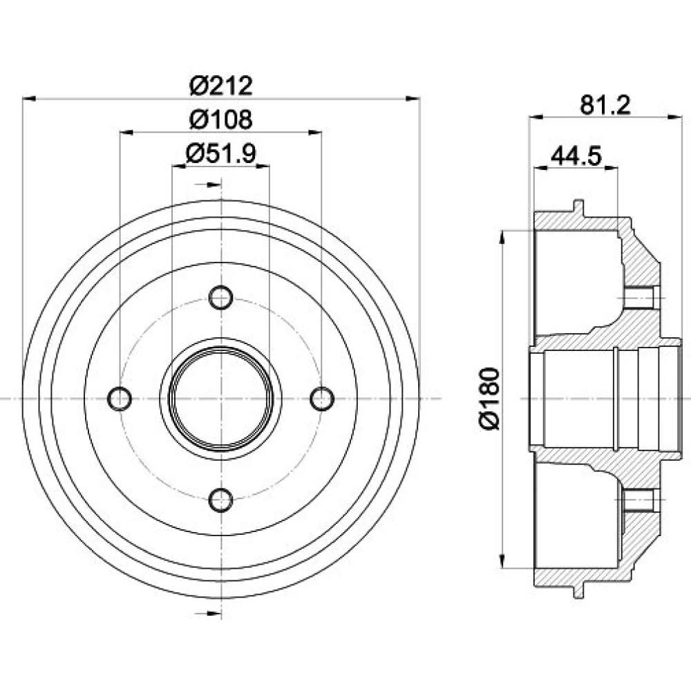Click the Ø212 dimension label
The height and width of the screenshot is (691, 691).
click(221, 86)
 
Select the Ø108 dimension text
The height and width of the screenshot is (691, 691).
click(221, 119)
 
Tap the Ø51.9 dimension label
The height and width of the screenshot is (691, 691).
click(221, 153)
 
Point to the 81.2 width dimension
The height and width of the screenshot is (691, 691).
click(605, 105)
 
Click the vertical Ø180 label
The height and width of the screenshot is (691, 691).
click(491, 399)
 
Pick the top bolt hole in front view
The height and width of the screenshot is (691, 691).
click(221, 298)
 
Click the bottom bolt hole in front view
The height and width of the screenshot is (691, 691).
click(221, 500)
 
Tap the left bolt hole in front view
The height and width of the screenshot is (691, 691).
click(120, 399)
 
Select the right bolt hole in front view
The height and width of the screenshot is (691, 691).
click(322, 399)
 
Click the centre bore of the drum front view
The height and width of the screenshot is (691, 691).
click(221, 399)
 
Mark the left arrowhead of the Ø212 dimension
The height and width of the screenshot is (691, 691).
click(28, 99)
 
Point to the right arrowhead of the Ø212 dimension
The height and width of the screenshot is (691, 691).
click(413, 99)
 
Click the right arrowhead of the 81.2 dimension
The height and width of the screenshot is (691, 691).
click(675, 117)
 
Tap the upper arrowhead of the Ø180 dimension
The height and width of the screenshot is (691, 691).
click(502, 238)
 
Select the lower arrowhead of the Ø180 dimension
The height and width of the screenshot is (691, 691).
click(502, 560)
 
